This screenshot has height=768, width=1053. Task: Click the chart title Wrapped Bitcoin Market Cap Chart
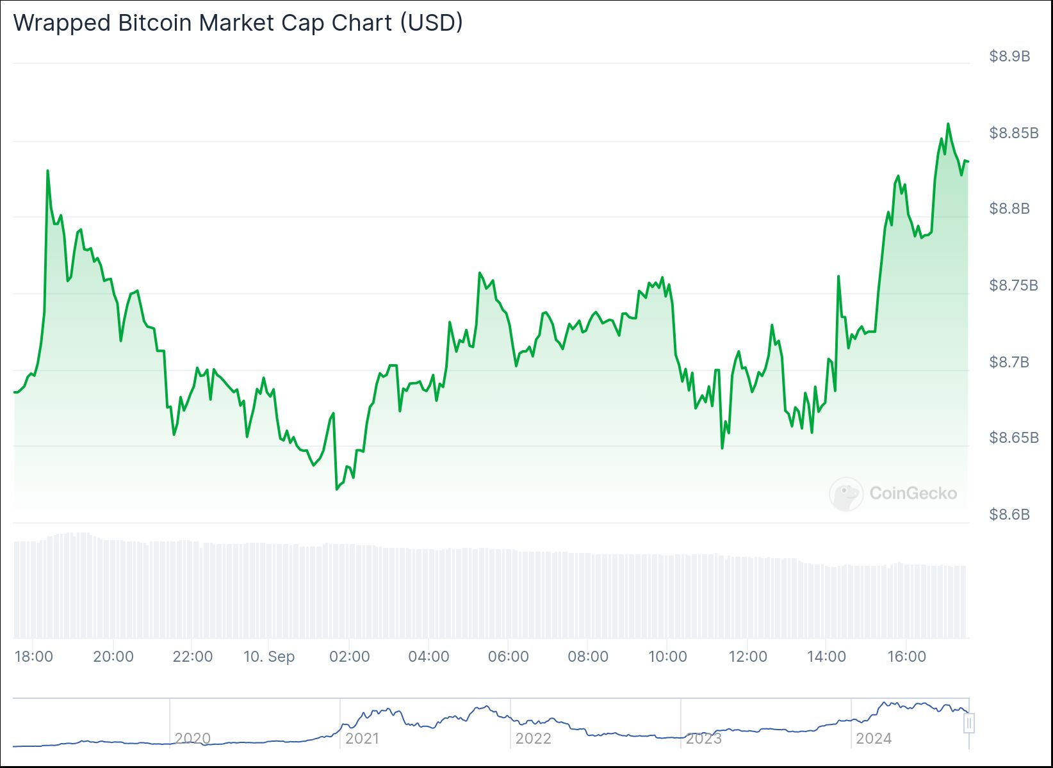point(237,23)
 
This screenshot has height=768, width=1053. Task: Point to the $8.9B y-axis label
point(1009,56)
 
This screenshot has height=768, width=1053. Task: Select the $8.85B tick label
point(1013,133)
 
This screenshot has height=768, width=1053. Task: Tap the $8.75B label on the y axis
point(1013,285)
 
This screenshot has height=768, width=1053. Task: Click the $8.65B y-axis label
point(1013,438)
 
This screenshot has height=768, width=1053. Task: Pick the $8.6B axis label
point(1009,515)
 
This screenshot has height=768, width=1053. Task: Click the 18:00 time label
point(33,657)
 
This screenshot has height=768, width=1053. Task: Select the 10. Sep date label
point(269,657)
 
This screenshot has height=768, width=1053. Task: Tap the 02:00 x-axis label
point(349,657)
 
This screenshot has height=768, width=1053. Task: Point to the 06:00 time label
point(508,657)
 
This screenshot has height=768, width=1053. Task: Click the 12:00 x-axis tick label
point(747,657)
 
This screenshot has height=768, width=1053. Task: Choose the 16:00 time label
point(906,657)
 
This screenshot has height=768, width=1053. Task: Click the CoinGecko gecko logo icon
point(845,493)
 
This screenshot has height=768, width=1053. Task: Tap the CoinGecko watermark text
point(913,493)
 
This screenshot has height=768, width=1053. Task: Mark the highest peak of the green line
point(948,124)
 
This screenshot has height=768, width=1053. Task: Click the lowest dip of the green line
point(336,489)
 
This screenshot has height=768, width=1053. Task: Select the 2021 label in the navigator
point(362,739)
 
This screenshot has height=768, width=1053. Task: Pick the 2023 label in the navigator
point(703,739)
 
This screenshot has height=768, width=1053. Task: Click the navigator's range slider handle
point(969,723)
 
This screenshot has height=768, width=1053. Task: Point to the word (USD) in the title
point(430,23)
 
